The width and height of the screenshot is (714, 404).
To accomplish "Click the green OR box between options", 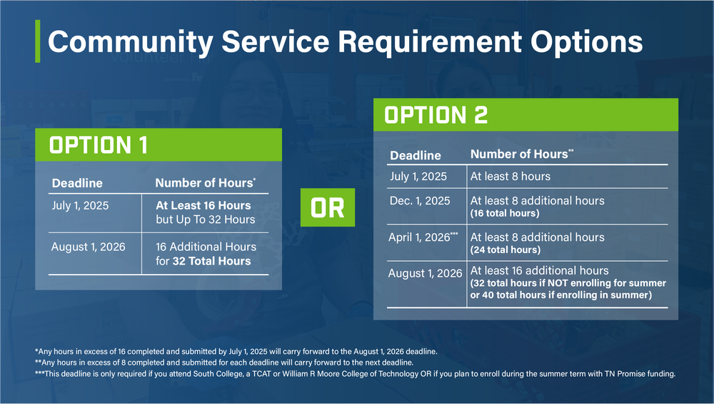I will pyautogui.click(x=327, y=208).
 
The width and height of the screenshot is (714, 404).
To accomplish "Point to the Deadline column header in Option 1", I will pyautogui.click(x=77, y=183).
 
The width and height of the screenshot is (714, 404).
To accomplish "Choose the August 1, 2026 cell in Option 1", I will pyautogui.click(x=88, y=247).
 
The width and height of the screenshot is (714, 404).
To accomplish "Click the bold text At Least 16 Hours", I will pyautogui.click(x=203, y=205).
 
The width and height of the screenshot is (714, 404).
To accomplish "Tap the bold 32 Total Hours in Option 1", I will pyautogui.click(x=211, y=261).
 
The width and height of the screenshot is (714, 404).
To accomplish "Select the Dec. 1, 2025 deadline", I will pyautogui.click(x=420, y=200).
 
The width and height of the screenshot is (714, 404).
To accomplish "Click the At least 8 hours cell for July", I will pyautogui.click(x=510, y=176).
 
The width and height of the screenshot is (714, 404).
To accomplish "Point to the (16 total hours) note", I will pyautogui.click(x=504, y=214).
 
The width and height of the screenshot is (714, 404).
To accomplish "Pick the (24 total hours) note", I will pyautogui.click(x=504, y=250).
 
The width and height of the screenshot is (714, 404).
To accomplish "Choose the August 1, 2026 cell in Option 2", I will pyautogui.click(x=425, y=274).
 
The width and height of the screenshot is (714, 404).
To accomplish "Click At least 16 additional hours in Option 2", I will pyautogui.click(x=539, y=270).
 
